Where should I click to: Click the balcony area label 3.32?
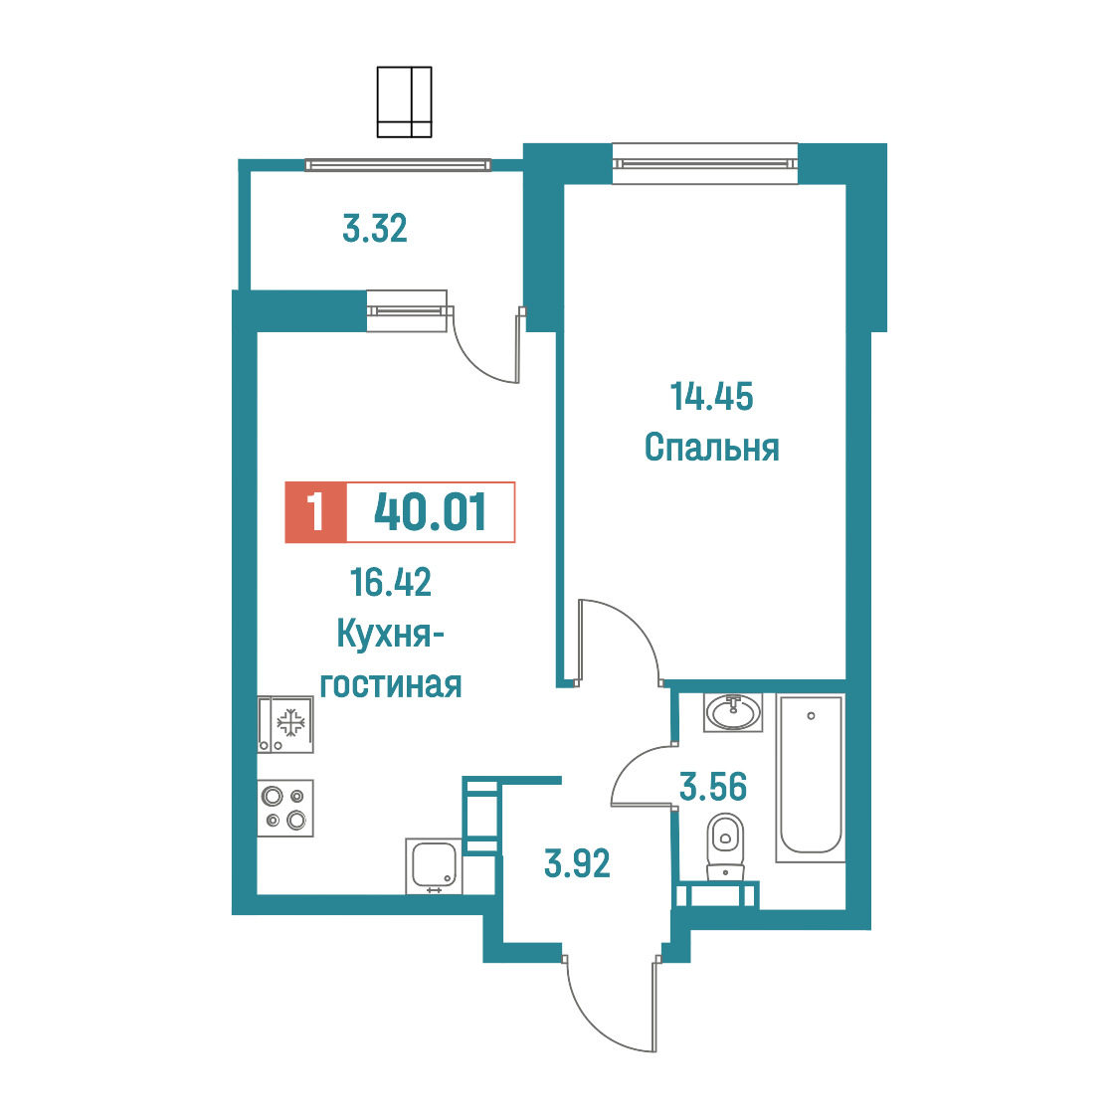[374, 229]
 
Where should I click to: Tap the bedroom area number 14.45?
[711, 397]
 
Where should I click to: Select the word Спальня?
[711, 448]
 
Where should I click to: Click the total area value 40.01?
[430, 512]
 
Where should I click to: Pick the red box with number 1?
[316, 512]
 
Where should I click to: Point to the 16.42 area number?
[391, 583]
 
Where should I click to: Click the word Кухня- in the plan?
[390, 634]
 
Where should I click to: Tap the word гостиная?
[391, 684]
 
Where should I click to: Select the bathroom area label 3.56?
[713, 787]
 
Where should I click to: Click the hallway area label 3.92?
[577, 863]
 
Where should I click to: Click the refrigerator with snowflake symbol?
[285, 724]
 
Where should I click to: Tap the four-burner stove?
[285, 808]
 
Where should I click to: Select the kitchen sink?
[434, 865]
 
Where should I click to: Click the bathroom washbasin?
[733, 712]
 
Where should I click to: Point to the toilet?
[726, 848]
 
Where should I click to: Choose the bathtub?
[810, 778]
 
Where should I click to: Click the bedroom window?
[704, 163]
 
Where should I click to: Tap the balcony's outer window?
[398, 165]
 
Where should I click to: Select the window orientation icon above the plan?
[404, 101]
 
